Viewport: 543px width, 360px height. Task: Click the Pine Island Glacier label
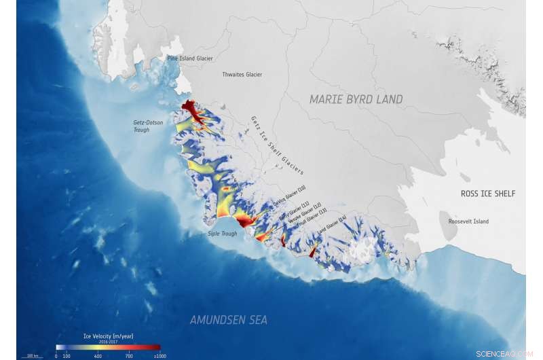coord(190,58)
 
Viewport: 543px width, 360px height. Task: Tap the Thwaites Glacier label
coord(242,75)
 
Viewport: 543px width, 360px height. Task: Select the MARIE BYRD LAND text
coord(356,100)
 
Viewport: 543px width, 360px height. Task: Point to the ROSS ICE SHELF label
coord(488,194)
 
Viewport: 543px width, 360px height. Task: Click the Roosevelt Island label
coord(468,221)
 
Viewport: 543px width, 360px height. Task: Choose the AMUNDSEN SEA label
coord(229,320)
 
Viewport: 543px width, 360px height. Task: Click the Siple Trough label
coord(223,234)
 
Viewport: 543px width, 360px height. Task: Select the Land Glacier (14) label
coord(333,227)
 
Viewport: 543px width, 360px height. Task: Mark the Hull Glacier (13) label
coord(314,220)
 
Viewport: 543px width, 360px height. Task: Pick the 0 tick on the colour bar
coord(56,356)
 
